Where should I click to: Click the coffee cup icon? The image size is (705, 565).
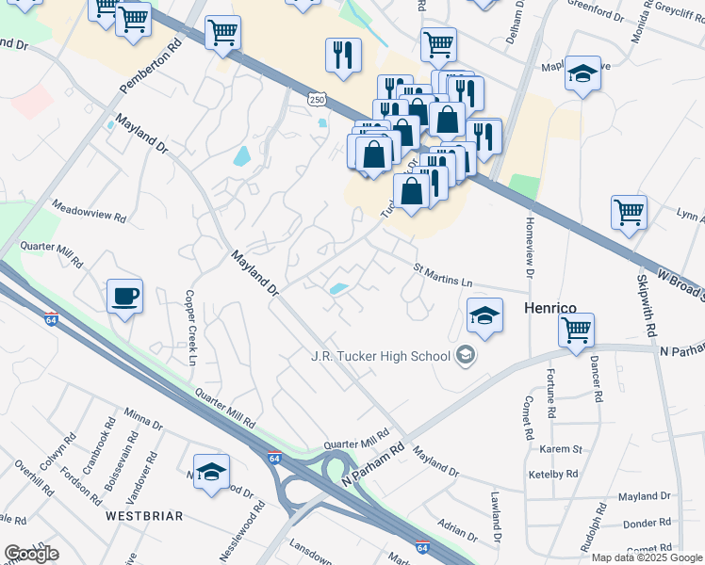(x=124, y=297)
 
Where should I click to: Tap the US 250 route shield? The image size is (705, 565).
(x=316, y=98)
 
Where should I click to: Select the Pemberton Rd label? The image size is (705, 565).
(x=149, y=66)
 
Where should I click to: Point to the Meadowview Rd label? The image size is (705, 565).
(x=89, y=210)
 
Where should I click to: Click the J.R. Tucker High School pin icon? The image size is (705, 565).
(x=464, y=356)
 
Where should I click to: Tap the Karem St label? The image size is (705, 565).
(x=555, y=449)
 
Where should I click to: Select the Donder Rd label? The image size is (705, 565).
(x=646, y=523)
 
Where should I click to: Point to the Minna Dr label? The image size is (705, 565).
(x=143, y=420)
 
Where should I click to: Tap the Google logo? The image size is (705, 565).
(x=32, y=554)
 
